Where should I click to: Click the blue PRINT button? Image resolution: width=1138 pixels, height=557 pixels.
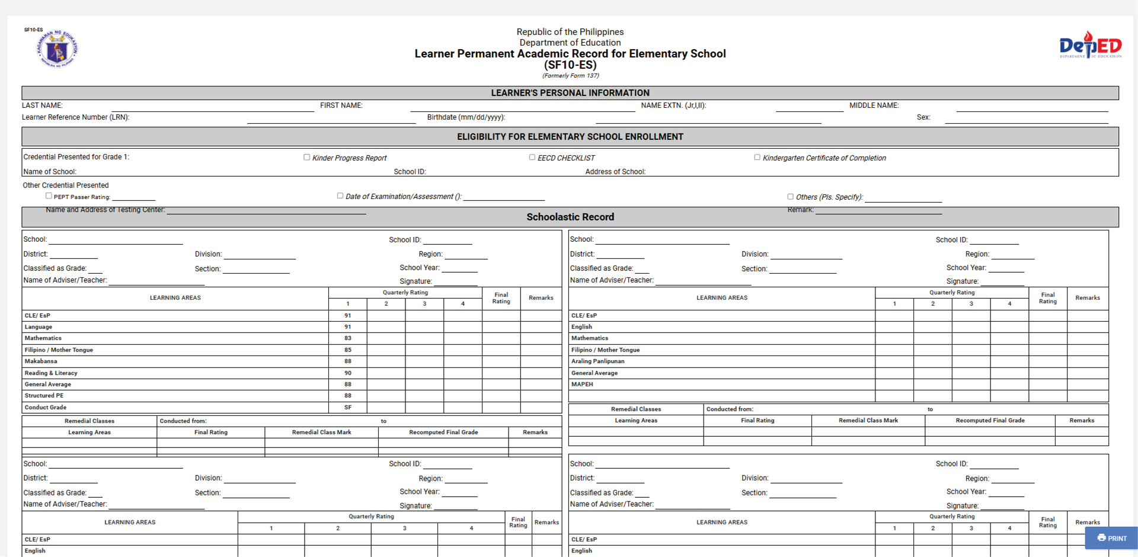click(x=1112, y=538)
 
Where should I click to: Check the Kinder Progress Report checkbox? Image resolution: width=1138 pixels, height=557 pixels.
click(x=307, y=158)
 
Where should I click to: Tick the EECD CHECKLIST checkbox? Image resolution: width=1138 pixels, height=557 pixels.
click(x=532, y=158)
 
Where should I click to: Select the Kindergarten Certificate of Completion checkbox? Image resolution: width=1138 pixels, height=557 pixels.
click(x=757, y=158)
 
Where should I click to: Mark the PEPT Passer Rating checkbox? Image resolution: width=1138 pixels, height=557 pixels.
click(x=49, y=196)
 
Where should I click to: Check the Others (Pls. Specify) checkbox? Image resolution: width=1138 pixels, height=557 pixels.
click(x=790, y=197)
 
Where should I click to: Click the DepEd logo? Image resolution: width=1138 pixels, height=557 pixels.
click(x=1090, y=45)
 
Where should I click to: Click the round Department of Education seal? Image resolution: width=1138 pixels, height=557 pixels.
click(x=57, y=49)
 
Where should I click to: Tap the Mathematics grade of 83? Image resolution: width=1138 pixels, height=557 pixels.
click(x=348, y=338)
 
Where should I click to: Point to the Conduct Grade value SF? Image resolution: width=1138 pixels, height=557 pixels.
click(x=348, y=408)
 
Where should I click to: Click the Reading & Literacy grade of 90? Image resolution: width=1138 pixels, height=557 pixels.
click(x=348, y=373)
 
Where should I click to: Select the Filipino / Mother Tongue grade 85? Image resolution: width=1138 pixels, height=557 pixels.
click(x=348, y=350)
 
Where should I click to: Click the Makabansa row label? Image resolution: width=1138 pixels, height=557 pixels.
click(x=41, y=361)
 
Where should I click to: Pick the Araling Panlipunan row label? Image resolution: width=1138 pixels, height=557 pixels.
click(x=597, y=361)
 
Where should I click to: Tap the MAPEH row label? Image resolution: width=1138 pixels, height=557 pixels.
click(x=582, y=385)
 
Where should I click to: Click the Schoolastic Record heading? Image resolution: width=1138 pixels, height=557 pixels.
click(x=570, y=217)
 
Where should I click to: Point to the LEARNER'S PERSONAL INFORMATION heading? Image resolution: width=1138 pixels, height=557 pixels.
click(x=570, y=93)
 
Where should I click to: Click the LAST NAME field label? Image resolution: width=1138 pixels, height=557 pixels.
click(x=42, y=105)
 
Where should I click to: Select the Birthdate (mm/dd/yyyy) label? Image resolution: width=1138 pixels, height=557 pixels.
click(x=466, y=117)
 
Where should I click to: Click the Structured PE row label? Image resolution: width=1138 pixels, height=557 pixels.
click(x=44, y=396)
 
